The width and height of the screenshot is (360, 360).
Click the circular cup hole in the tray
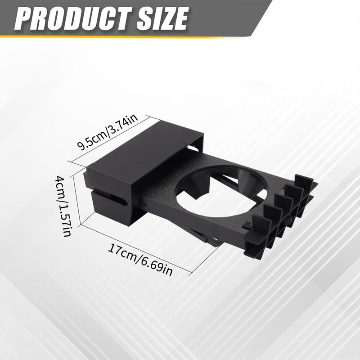coord(211,189)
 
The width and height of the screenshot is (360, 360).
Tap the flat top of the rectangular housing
coord(139,153)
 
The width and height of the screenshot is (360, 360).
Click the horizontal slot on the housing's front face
coord(108,197)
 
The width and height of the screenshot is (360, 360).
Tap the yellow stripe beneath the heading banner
coord(135,37)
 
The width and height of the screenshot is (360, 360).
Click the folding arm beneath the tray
coord(202,236)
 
